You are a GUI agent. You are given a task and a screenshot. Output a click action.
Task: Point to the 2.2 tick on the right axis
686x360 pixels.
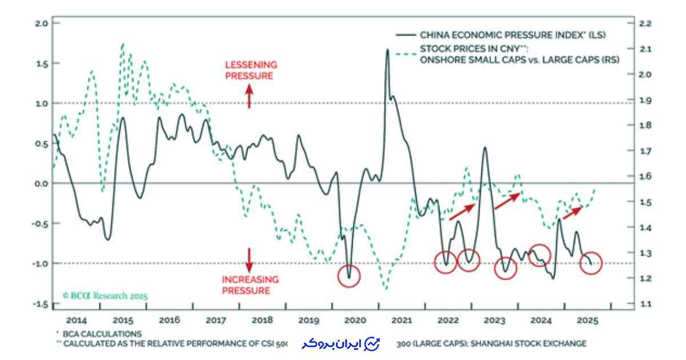coord(645,23)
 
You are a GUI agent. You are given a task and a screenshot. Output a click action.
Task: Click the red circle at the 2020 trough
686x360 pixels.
coord(349,275)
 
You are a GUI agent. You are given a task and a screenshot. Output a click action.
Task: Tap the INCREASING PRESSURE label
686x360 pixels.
coord(250,285)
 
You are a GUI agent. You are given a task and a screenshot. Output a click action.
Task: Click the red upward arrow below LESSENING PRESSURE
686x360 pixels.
coord(249,95)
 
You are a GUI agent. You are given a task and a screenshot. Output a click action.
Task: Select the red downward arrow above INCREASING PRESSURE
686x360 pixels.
coord(249,259)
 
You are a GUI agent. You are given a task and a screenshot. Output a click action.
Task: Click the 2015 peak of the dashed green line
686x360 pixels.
coord(122,45)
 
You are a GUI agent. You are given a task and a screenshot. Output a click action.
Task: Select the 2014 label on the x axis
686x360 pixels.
coord(76,320)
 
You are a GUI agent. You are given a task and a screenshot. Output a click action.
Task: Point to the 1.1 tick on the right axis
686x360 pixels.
coord(644,304)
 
